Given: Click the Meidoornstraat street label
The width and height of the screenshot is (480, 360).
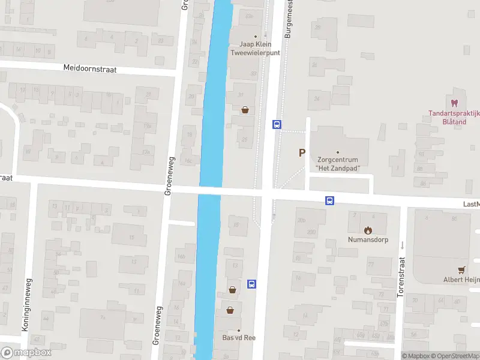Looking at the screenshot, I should coord(90,68).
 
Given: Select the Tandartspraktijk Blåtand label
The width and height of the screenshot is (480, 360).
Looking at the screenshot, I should coord(454,116).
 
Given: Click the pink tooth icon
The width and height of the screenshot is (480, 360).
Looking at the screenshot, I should coord(454,103).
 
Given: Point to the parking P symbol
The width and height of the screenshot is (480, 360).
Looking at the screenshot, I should coord(302,153).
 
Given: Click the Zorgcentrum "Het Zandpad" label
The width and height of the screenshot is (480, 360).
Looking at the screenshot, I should coord(337,164).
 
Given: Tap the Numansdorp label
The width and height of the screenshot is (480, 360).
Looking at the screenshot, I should coord(368,239).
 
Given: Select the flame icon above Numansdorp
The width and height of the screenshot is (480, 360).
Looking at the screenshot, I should coord(368,230).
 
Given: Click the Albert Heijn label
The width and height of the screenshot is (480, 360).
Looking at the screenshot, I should coord(461,280).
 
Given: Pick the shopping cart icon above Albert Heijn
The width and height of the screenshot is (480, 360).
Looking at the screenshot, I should coord(461,270).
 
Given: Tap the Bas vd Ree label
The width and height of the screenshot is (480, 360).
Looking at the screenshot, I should coord(239,338).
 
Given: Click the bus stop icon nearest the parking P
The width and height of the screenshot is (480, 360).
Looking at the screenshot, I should coord(277,124).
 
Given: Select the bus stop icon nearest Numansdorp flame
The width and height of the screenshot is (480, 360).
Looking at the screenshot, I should coord(330,200).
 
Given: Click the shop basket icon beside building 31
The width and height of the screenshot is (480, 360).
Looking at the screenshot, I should coord(245,110).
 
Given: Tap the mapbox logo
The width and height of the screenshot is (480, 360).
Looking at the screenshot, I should coord(26,353).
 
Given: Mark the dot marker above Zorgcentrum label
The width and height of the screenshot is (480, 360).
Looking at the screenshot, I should coord(337,152).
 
